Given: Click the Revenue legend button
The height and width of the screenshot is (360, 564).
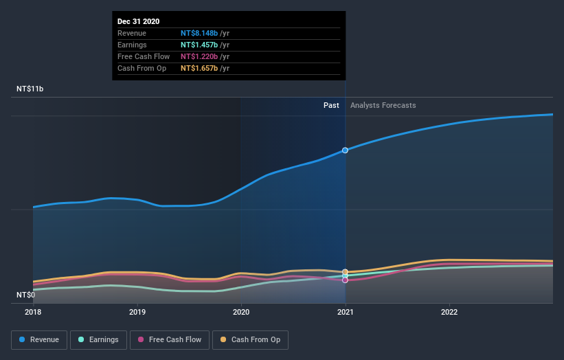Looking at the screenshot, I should (40, 339).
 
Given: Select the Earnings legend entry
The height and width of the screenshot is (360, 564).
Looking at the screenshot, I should (99, 339).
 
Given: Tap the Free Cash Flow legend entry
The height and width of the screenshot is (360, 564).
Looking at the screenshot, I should (170, 339).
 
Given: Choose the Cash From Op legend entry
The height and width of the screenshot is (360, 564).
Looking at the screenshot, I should (251, 339).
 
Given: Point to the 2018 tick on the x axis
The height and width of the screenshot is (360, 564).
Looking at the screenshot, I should (33, 311).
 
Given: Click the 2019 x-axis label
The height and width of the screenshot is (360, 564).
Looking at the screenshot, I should (137, 311).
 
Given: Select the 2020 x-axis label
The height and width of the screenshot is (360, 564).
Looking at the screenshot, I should (241, 311).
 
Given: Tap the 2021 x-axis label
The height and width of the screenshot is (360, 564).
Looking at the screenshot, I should (345, 311).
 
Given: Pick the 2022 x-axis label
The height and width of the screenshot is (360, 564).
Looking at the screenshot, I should (449, 311).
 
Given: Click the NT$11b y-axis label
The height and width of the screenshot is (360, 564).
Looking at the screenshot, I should (30, 89).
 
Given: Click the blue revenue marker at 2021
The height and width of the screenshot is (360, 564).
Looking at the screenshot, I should (345, 150).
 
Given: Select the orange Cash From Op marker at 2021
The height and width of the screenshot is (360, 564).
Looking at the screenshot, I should (345, 272).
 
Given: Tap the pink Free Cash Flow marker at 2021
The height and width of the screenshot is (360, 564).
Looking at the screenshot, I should (345, 280).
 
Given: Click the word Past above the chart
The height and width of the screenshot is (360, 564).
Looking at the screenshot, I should (331, 105).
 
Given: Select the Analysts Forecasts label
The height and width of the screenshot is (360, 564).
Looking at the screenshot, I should (383, 105).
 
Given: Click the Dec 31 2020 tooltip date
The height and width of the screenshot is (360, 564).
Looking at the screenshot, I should (138, 21).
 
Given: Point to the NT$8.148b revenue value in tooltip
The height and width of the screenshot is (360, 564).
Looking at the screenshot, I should (199, 33).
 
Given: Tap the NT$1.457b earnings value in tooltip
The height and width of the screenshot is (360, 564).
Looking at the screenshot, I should (199, 45).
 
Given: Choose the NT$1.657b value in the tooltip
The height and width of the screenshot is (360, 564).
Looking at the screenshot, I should (199, 68).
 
